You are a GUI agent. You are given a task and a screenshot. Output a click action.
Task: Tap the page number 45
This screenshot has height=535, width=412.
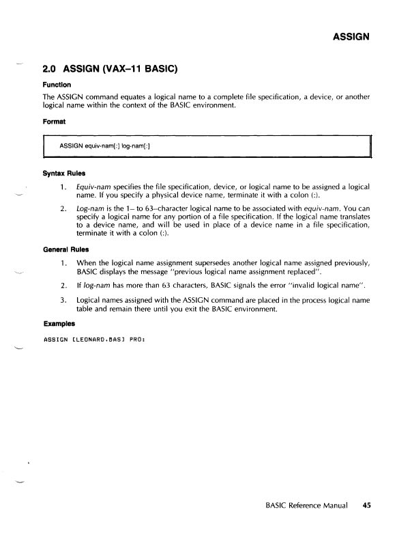point(366,506)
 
